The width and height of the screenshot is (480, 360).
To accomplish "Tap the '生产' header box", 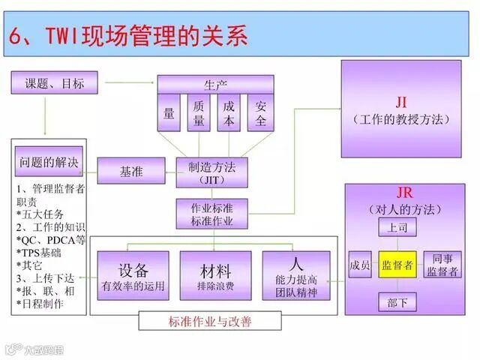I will [215, 84].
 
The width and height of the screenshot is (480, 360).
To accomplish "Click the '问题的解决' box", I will [47, 162].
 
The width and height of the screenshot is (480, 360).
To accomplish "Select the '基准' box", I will [132, 171].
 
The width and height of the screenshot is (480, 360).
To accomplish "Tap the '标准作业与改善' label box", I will [210, 322].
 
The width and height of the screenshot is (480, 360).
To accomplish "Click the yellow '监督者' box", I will [397, 265].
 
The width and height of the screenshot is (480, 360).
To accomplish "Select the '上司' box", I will [397, 226].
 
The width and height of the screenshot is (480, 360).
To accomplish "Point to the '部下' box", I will [397, 302].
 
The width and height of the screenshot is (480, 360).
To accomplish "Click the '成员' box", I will [360, 265].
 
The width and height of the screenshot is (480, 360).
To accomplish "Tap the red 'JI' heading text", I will [401, 103].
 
